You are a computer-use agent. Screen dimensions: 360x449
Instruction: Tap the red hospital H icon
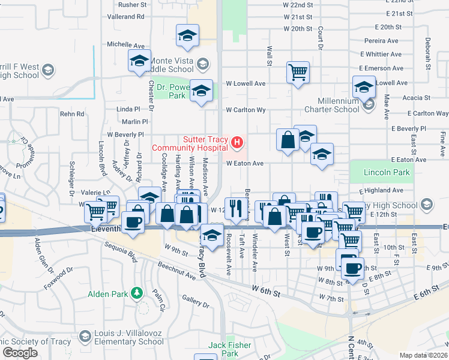(x=237, y=143)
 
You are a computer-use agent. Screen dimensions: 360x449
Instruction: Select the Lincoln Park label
(x=387, y=172)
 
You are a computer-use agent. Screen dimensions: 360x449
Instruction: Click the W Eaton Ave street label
(x=245, y=163)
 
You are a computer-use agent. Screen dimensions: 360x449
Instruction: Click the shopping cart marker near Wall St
(x=298, y=73)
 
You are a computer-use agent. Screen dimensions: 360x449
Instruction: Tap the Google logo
(x=20, y=353)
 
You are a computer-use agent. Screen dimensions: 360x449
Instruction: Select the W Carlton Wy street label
(x=246, y=110)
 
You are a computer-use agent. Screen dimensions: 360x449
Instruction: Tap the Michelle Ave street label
(x=126, y=45)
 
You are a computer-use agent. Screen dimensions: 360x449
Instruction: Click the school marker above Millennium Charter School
(x=364, y=88)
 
